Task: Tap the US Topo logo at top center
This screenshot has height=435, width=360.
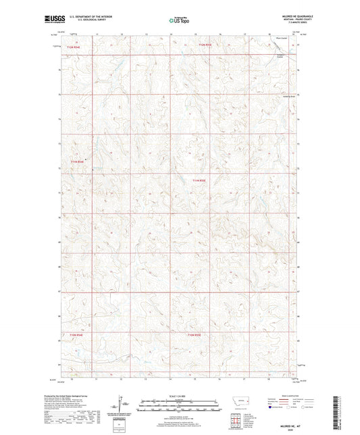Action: tap(180, 21)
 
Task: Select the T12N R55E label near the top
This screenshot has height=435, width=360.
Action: tap(204, 45)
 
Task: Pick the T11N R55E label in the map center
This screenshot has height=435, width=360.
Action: tap(197, 180)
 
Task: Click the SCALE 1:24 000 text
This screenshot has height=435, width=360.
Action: tap(179, 396)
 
